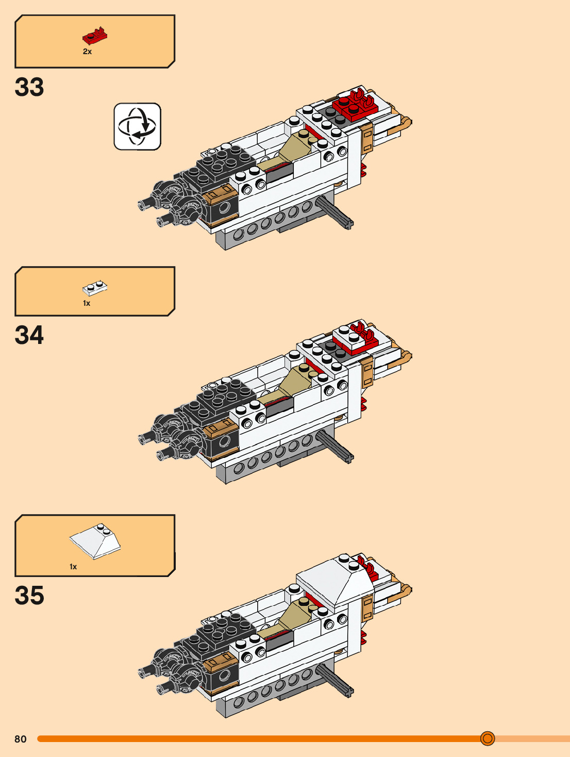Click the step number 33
pos(29,87)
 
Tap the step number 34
pos(29,335)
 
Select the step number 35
pos(29,596)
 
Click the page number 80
pos(21,739)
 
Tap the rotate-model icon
pos(137,126)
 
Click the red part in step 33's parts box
pos(95,36)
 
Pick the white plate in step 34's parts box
pos(95,287)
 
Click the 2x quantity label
pos(88,52)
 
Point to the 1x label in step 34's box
pos(87,303)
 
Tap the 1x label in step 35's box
pos(73,567)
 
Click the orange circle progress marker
pos(487,738)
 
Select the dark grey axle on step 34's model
pos(336,446)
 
